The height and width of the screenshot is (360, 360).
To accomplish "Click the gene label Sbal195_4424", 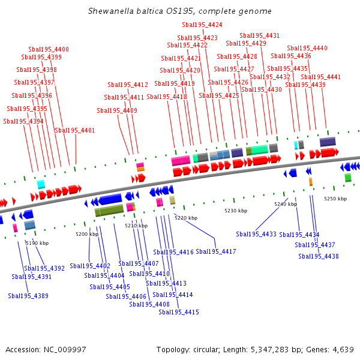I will pyautogui.click(x=202, y=25).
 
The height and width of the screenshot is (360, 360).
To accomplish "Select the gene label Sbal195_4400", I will pyautogui.click(x=49, y=49).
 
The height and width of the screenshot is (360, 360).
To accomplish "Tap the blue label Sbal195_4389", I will pyautogui.click(x=28, y=296).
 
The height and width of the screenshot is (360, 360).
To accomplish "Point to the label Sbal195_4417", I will pyautogui.click(x=216, y=251).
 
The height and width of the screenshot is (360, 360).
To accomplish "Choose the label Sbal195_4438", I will pyautogui.click(x=319, y=256).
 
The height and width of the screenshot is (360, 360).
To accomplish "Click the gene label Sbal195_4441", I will pyautogui.click(x=320, y=77).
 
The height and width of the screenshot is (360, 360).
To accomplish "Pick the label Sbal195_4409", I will pyautogui.click(x=117, y=110).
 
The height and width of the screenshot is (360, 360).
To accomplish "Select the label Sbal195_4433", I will pyautogui.click(x=256, y=234).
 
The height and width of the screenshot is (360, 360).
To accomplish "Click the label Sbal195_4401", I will pyautogui.click(x=75, y=130).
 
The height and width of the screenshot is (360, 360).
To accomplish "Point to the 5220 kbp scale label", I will pyautogui.click(x=186, y=218).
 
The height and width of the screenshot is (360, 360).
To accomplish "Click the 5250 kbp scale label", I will pyautogui.click(x=335, y=198).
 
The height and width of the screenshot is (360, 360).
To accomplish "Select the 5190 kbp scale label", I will pyautogui.click(x=37, y=243).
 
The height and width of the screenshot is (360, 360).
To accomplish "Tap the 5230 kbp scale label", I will pyautogui.click(x=236, y=211).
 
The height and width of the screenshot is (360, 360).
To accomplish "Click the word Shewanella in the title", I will pyautogui.click(x=108, y=11).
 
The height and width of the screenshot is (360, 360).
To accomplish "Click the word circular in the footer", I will pyautogui.click(x=209, y=349).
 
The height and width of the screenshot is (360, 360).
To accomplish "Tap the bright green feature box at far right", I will pyautogui.click(x=348, y=178).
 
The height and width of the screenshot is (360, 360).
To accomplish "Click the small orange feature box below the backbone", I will pyautogui.click(x=310, y=181).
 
